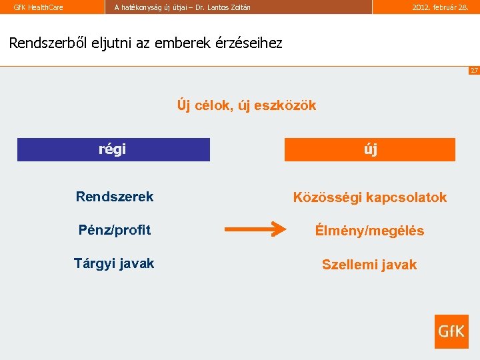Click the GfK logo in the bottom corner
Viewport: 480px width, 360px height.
(451, 331)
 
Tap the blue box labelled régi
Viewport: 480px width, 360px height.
(113, 149)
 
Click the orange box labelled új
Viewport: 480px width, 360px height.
(370, 149)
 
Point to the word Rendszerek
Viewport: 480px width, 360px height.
(115, 197)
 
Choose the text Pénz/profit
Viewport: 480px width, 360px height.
(115, 230)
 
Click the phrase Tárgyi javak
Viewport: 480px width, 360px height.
(114, 263)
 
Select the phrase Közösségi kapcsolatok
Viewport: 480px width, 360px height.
(370, 197)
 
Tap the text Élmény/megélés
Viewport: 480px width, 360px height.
(369, 231)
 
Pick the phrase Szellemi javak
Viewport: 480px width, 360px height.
(369, 265)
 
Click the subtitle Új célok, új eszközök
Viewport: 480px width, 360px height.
(247, 105)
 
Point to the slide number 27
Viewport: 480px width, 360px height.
(474, 70)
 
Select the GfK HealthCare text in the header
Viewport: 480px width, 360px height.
(39, 7)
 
